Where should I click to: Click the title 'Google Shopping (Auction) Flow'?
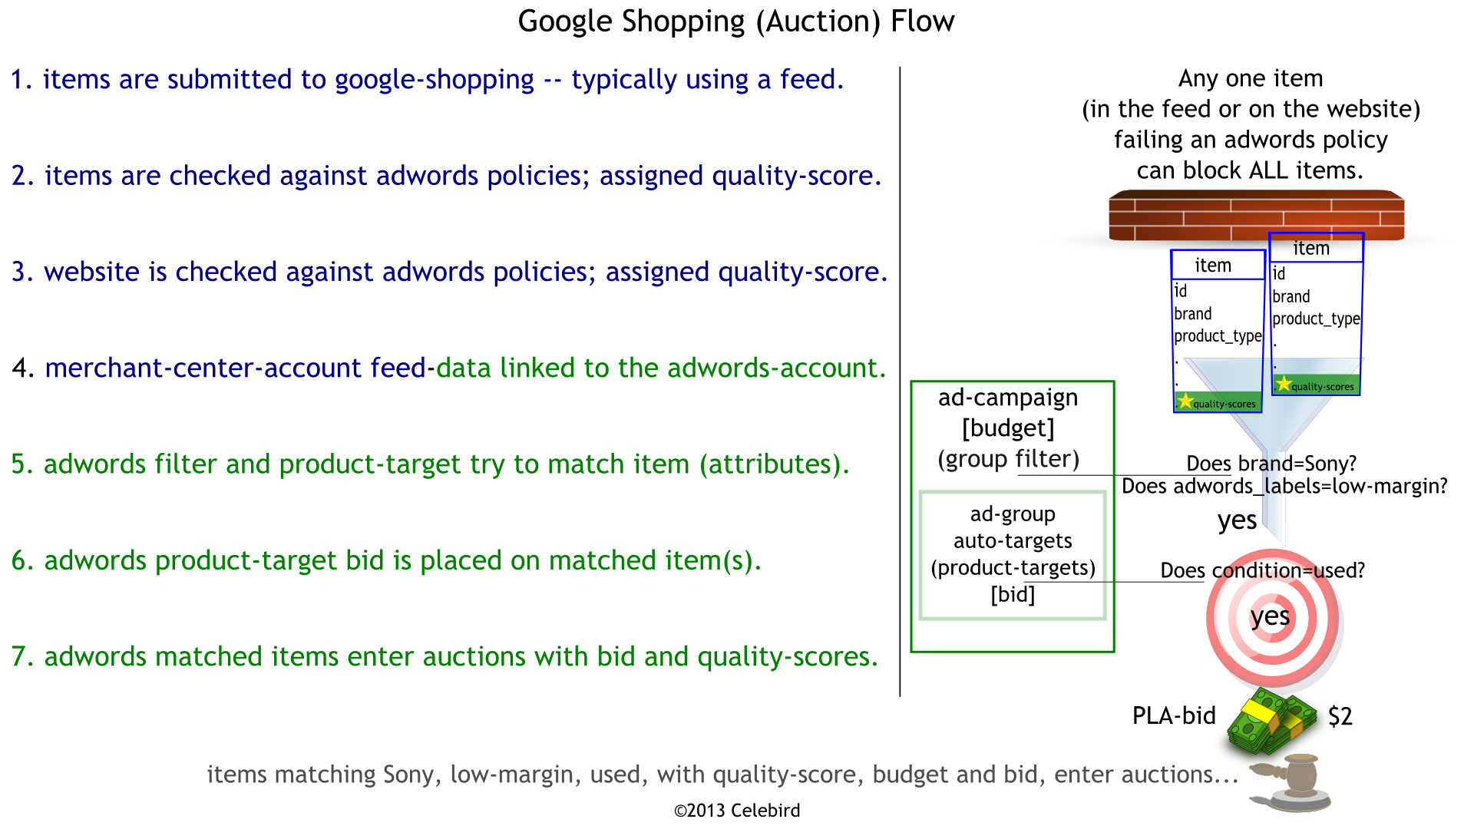[735, 21]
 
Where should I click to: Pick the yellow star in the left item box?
[1185, 401]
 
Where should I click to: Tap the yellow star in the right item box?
[1283, 384]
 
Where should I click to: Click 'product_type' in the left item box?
[1218, 336]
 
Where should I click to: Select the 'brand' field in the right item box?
[1291, 297]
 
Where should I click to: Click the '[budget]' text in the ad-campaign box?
[1008, 428]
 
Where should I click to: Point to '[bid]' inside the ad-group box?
[1013, 595]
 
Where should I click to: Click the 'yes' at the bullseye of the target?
[1269, 616]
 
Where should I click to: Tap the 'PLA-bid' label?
[1174, 716]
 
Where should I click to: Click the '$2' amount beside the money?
[1340, 717]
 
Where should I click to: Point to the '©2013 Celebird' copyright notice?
[736, 811]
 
